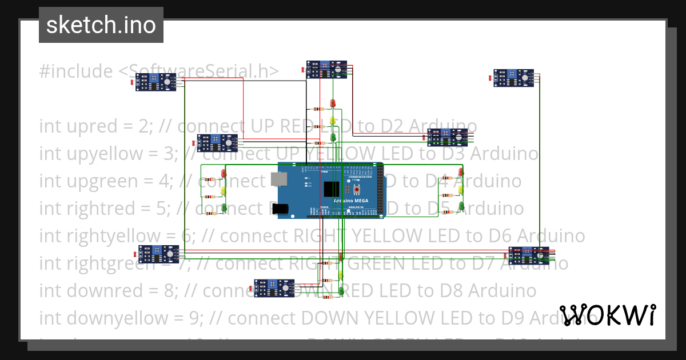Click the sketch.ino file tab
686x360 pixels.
tap(101, 25)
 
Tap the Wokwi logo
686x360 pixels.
tap(608, 315)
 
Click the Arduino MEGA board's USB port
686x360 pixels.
tap(280, 179)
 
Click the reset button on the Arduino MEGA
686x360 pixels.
tap(356, 189)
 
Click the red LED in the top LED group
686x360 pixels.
tap(333, 103)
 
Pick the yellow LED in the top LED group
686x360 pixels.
tap(333, 121)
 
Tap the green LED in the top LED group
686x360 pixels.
tap(333, 137)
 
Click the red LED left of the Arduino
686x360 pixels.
tap(224, 174)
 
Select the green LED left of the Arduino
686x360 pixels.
tap(224, 208)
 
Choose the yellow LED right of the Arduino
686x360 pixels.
tap(461, 189)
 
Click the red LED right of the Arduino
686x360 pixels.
tap(461, 171)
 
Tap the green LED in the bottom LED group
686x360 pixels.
tap(341, 290)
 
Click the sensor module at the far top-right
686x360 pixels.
tap(516, 77)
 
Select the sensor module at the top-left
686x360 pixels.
tap(158, 83)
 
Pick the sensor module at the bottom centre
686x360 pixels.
tap(276, 288)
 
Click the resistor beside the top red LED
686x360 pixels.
tap(318, 109)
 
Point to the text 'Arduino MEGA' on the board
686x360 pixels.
tap(350, 201)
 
